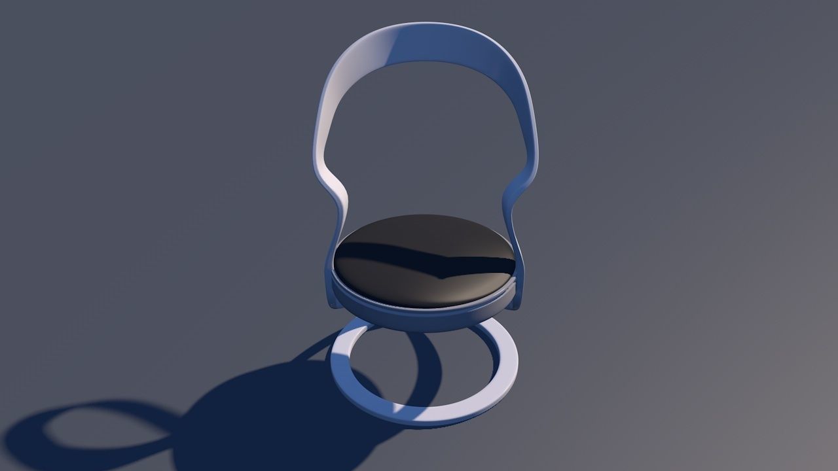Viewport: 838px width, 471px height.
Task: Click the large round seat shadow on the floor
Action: point(275,419)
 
